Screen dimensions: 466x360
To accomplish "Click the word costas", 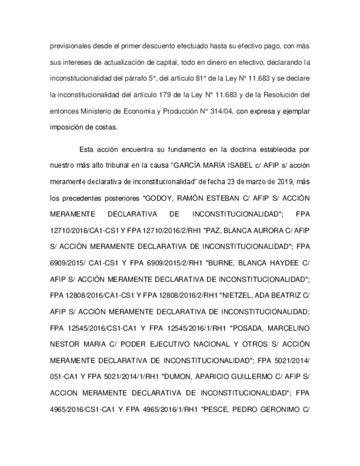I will pyautogui.click(x=107, y=127).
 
